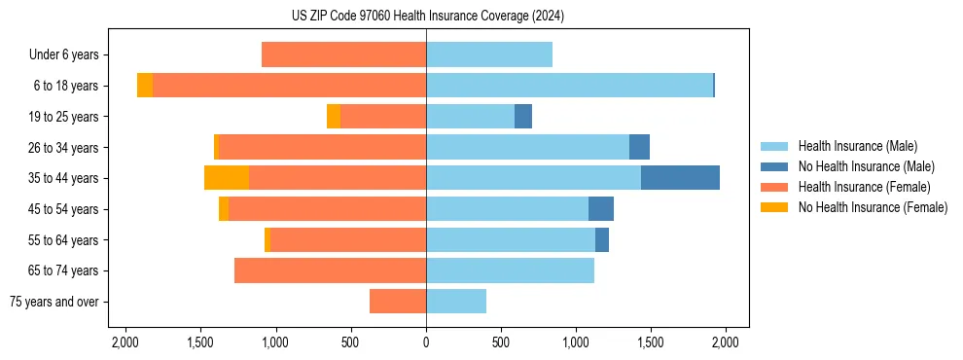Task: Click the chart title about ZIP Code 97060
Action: point(427,17)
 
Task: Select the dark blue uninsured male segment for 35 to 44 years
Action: point(680,178)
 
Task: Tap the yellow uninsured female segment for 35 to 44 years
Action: point(227,178)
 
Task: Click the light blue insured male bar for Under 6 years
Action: point(489,54)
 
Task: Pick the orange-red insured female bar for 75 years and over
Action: point(398,302)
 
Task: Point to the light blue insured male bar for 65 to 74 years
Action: point(510,270)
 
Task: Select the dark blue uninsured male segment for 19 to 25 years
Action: point(523,117)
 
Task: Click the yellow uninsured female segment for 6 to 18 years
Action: point(145,86)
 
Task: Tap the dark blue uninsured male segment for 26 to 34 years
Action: point(639,147)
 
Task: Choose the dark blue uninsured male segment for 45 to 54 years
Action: point(601,209)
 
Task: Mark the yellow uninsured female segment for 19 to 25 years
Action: point(334,117)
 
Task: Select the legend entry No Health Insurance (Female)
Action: point(873,207)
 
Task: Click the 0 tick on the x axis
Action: point(426,342)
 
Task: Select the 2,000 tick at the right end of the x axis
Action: point(726,342)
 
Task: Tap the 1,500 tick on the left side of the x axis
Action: point(200,342)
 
